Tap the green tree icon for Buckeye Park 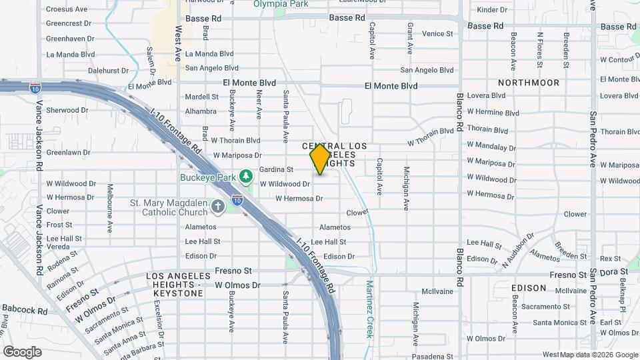(247, 175)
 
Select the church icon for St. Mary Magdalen (217, 207)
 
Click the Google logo (22, 351)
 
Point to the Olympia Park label (280, 4)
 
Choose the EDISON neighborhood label (529, 288)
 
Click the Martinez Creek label (369, 309)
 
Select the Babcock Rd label (25, 310)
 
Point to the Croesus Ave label (67, 9)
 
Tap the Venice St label (437, 33)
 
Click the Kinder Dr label (493, 10)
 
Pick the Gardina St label (276, 169)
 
